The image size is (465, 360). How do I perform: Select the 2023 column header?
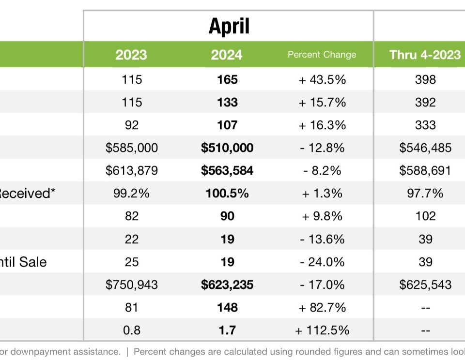pyautogui.click(x=131, y=55)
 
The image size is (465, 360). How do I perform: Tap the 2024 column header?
pyautogui.click(x=227, y=55)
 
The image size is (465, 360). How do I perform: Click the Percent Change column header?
pyautogui.click(x=322, y=55)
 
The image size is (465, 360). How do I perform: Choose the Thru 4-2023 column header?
pyautogui.click(x=425, y=55)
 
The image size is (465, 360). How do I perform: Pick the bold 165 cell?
pyautogui.click(x=227, y=79)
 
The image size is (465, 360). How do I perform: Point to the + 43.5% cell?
pyautogui.click(x=322, y=79)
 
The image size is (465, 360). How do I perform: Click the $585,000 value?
pyautogui.click(x=132, y=148)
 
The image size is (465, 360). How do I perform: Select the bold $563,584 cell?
pyautogui.click(x=227, y=170)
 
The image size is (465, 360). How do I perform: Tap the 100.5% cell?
pyautogui.click(x=227, y=193)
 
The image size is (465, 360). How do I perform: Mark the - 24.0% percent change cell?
pyautogui.click(x=322, y=262)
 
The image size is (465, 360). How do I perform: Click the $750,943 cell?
pyautogui.click(x=132, y=285)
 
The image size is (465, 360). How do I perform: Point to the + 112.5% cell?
pyautogui.click(x=322, y=330)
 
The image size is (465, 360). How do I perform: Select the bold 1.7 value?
pyautogui.click(x=227, y=330)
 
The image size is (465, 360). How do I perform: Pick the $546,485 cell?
pyautogui.click(x=425, y=148)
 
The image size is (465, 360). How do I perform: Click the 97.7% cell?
pyautogui.click(x=425, y=193)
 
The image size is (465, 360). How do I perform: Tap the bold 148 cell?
pyautogui.click(x=227, y=307)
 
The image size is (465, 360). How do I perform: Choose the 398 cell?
pyautogui.click(x=425, y=79)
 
